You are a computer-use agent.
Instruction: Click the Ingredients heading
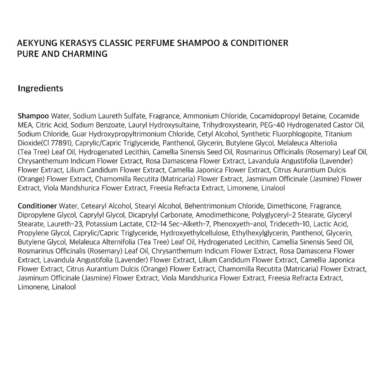pyautogui.click(x=40, y=88)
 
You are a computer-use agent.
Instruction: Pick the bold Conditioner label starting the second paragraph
pyautogui.click(x=37, y=206)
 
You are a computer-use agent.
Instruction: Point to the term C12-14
pyautogui.click(x=157, y=224)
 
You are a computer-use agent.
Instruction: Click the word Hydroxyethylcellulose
pyautogui.click(x=195, y=233)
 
